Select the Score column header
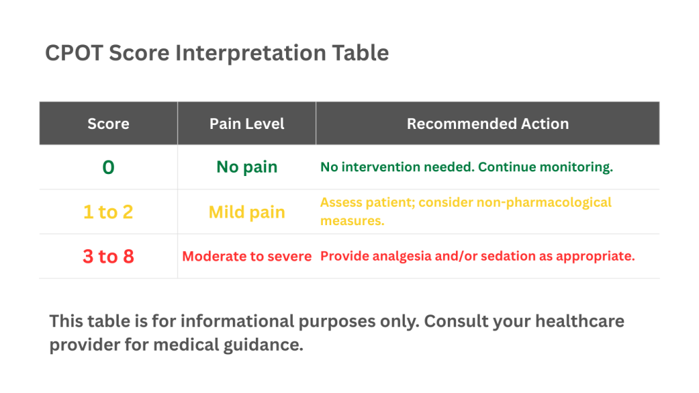coord(108,123)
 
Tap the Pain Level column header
coord(246,123)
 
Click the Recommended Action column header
coord(487,123)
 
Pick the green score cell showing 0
coord(108,167)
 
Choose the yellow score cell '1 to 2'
coord(108,212)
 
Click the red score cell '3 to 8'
coord(108,257)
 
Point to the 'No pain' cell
coord(246,167)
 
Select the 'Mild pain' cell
coord(246,212)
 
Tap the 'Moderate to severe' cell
coord(246,257)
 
